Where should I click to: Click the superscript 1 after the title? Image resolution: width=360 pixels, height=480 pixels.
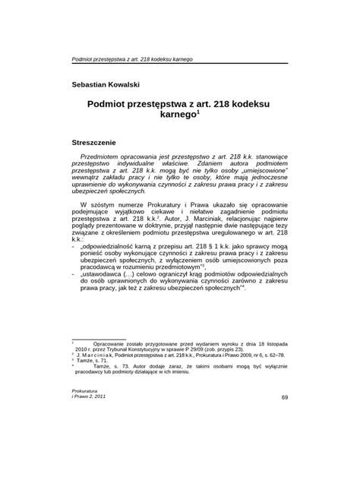(x=199, y=113)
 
